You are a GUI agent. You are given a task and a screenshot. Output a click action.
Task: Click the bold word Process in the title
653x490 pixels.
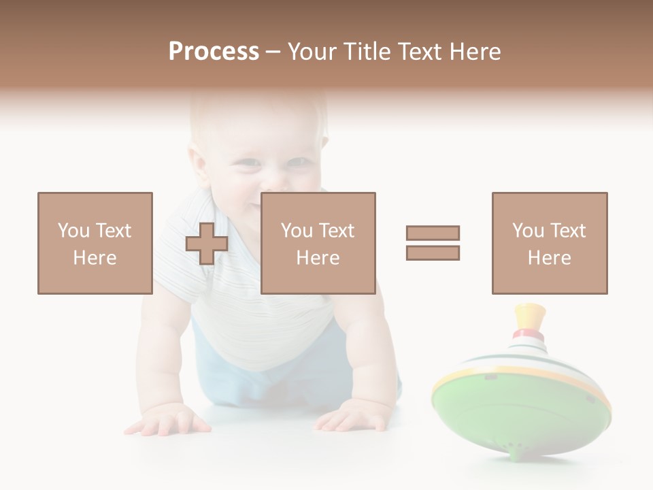pos(214,51)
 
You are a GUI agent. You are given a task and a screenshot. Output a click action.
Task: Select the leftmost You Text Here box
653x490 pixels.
pos(95,243)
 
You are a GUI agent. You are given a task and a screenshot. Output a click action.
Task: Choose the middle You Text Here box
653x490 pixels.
pos(318,243)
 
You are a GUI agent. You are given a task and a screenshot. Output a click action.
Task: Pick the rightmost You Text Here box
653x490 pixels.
pos(549,243)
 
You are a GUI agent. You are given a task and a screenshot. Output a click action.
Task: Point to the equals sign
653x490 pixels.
pos(433,243)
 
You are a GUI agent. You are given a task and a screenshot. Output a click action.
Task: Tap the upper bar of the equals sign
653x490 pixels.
pos(433,233)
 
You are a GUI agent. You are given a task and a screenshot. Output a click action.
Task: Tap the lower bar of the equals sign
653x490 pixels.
pos(433,253)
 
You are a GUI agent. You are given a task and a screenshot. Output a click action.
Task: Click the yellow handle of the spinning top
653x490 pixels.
pos(530,316)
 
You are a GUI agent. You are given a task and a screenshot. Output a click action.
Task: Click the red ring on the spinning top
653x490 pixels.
pos(530,335)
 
